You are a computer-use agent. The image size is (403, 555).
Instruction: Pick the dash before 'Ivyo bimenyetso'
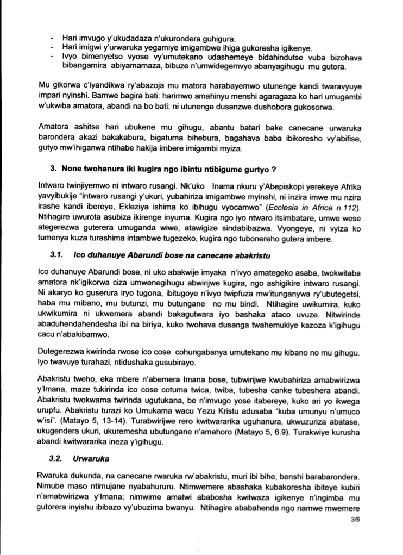(x=51, y=58)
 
